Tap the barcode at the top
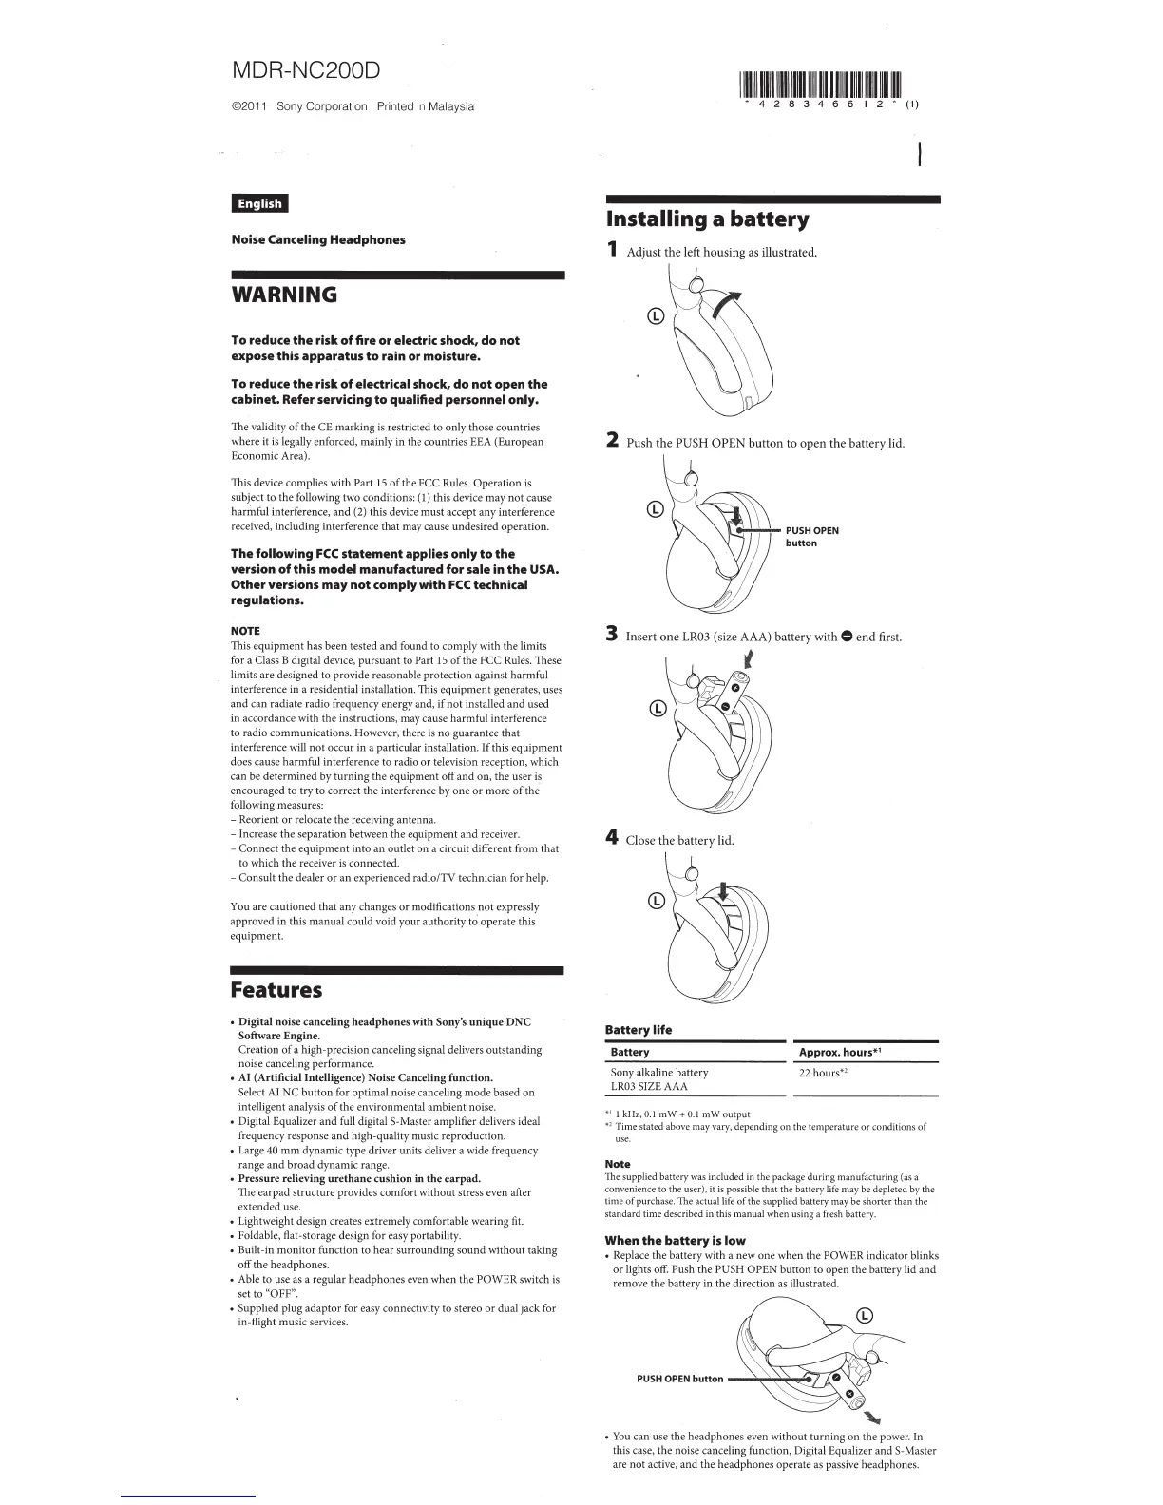click(819, 85)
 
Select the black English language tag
click(259, 203)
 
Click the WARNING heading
click(284, 295)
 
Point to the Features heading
click(276, 990)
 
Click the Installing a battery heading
click(708, 220)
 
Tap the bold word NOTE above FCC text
click(245, 631)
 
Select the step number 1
click(613, 251)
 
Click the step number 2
click(613, 441)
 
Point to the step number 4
click(613, 838)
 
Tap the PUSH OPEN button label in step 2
click(811, 537)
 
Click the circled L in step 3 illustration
click(654, 708)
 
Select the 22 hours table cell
click(822, 1073)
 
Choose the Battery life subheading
click(639, 1030)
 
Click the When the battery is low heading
click(675, 1240)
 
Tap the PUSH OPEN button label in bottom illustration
click(679, 1379)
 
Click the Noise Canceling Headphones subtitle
click(318, 239)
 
